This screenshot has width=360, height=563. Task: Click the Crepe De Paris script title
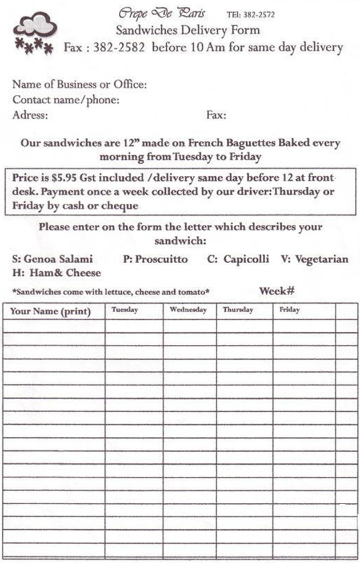[x=162, y=13]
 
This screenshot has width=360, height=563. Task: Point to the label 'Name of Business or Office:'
[x=79, y=85]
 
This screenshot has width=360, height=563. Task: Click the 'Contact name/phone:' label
[x=66, y=100]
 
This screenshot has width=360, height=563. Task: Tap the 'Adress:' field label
[x=30, y=115]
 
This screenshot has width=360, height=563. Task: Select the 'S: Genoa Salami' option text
[x=52, y=259]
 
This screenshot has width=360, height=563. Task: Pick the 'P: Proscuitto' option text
[x=155, y=259]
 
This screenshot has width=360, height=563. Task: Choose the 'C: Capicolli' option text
[x=238, y=259]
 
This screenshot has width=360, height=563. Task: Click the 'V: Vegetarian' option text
[x=314, y=259]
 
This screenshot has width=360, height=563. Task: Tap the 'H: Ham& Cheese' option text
[x=56, y=273]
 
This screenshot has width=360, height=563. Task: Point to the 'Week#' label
[x=277, y=291]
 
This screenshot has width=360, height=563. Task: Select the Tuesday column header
[x=125, y=309]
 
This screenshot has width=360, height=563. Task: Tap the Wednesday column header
[x=188, y=309]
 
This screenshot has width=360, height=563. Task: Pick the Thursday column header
[x=238, y=309]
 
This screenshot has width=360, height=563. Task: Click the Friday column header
[x=289, y=309]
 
